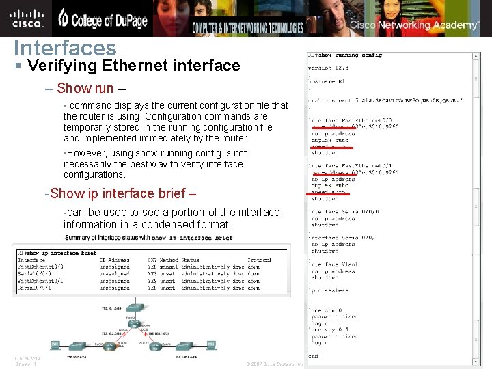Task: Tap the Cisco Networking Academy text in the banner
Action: coord(415,25)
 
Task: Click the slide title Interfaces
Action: coord(66,48)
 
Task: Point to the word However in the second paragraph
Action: coord(86,154)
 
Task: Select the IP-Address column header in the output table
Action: coord(113,260)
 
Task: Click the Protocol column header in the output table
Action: coord(259,260)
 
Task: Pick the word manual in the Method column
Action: coord(169,266)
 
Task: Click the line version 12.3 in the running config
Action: coord(329,68)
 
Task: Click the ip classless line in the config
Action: coord(328,290)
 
